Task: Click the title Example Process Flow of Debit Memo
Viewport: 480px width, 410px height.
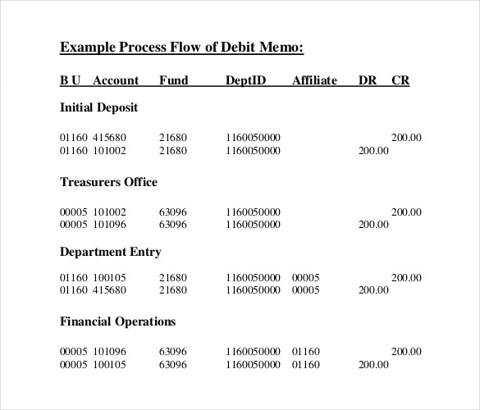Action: pyautogui.click(x=181, y=47)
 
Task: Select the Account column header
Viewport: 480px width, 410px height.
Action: pyautogui.click(x=116, y=80)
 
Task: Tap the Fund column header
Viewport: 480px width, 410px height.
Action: pyautogui.click(x=173, y=80)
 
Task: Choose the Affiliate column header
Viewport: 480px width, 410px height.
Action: pyautogui.click(x=314, y=80)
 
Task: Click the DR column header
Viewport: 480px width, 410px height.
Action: pyautogui.click(x=367, y=80)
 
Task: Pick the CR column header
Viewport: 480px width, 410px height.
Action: pyautogui.click(x=400, y=80)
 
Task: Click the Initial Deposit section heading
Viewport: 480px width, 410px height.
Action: pyautogui.click(x=98, y=107)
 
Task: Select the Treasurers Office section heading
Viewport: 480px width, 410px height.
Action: pyautogui.click(x=108, y=182)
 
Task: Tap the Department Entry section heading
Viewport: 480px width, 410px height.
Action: pyautogui.click(x=110, y=252)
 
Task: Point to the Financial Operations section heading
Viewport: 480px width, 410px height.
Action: pyautogui.click(x=117, y=321)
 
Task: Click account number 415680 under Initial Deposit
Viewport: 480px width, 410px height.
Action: pyautogui.click(x=110, y=138)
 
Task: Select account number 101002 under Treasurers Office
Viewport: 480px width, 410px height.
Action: pyautogui.click(x=110, y=212)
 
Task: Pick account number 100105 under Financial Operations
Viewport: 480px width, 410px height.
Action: pyautogui.click(x=110, y=364)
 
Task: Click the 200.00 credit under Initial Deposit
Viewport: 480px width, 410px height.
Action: pyautogui.click(x=405, y=138)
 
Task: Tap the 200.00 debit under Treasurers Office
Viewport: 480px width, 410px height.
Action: pyautogui.click(x=373, y=224)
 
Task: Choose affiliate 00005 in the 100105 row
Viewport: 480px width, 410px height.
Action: pyautogui.click(x=305, y=277)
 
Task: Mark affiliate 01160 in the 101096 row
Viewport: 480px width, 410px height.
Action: pyautogui.click(x=305, y=352)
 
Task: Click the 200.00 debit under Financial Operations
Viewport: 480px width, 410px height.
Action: pyautogui.click(x=373, y=364)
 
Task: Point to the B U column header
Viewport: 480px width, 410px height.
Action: pyautogui.click(x=71, y=80)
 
